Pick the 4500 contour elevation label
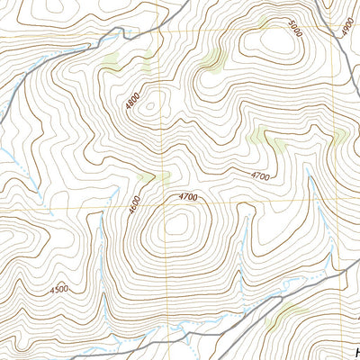coord(60,290)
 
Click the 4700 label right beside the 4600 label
coord(188,196)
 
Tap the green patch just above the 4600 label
coord(153,177)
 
